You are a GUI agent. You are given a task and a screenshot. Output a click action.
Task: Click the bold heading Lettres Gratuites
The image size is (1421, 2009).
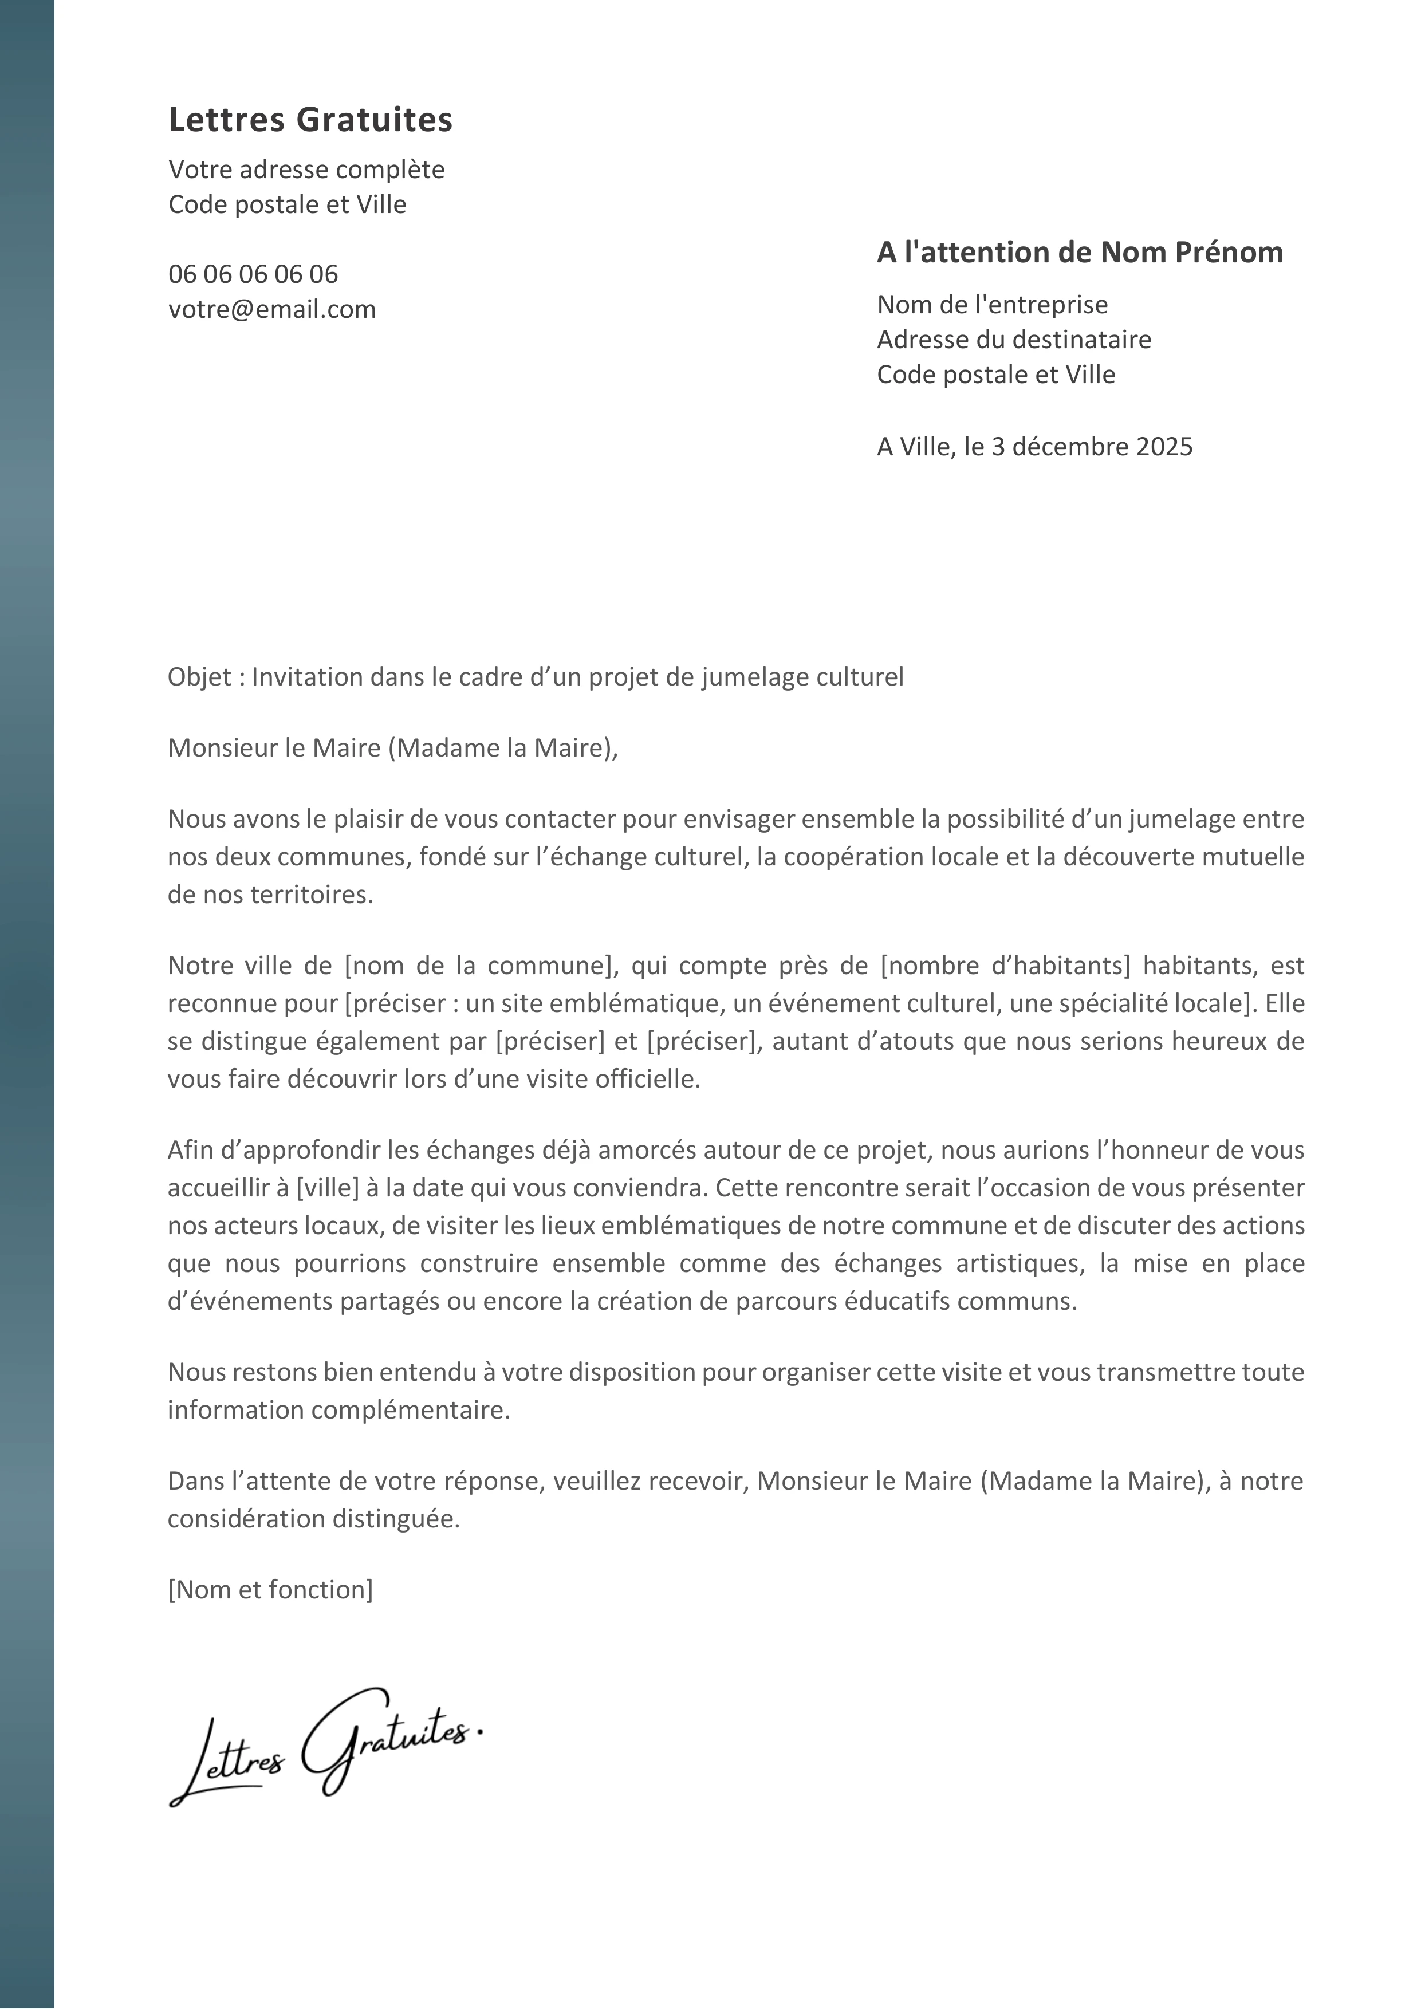310,120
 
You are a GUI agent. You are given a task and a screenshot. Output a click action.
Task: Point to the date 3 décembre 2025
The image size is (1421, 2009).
1092,447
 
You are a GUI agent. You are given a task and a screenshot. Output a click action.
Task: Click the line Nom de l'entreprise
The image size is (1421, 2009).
992,305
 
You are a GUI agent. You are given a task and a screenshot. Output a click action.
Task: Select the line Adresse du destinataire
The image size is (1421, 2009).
1014,340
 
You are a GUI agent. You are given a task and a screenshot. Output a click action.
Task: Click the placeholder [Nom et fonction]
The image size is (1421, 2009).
270,1590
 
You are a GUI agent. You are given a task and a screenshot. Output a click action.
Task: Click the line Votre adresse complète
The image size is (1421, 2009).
306,170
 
